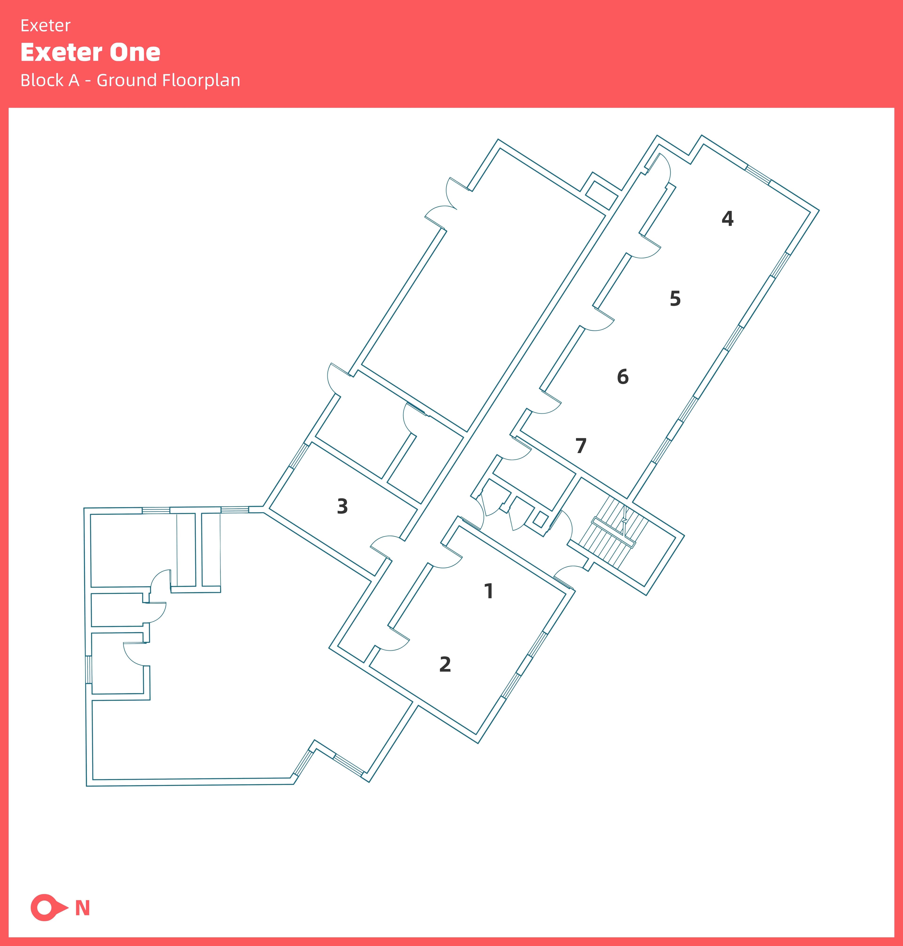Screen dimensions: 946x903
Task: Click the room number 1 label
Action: click(x=489, y=591)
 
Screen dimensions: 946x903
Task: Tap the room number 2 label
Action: click(x=445, y=664)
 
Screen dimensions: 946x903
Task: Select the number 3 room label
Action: click(x=342, y=506)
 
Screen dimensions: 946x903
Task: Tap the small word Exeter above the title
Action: click(x=45, y=25)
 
